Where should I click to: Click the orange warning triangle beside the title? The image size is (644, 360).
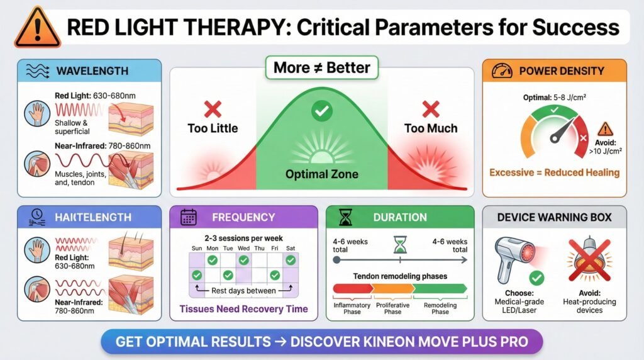[x=37, y=27]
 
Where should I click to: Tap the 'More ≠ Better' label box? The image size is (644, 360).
[x=321, y=67]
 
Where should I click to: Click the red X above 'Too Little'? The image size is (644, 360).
[x=213, y=110]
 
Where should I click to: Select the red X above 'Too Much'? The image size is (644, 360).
[x=430, y=110]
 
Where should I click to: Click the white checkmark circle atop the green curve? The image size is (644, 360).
[x=321, y=111]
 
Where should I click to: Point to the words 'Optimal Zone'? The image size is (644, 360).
[x=321, y=174]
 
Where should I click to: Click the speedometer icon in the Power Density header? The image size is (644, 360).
[x=502, y=70]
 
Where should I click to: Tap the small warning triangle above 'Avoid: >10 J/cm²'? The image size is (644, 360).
[x=605, y=130]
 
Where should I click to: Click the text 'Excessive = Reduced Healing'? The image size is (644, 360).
[x=554, y=172]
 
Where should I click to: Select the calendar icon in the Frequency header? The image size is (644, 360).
[x=189, y=217]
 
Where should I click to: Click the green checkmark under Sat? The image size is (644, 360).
[x=291, y=260]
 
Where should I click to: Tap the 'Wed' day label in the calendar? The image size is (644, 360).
[x=243, y=248]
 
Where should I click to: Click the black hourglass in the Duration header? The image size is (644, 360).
[x=345, y=217]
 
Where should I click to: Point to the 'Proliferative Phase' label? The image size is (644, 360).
[x=392, y=308]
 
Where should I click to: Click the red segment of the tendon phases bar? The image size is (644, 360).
[x=353, y=288]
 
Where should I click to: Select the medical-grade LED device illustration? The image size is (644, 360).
[x=516, y=259]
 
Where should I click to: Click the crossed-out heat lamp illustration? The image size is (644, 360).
[x=589, y=259]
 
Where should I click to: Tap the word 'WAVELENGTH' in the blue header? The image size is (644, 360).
[x=92, y=71]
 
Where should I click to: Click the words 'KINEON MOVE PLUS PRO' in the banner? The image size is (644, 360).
[x=409, y=342]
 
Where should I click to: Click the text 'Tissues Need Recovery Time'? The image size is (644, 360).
[x=243, y=309]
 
